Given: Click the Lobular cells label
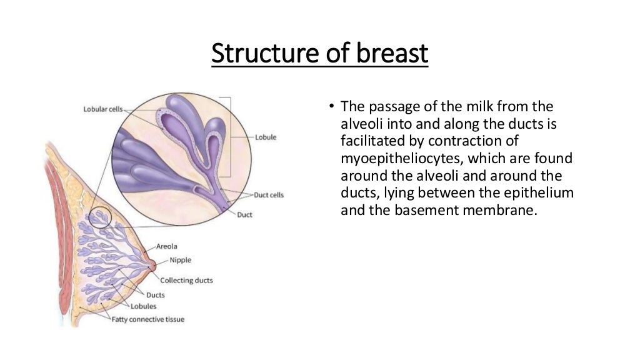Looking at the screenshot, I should pyautogui.click(x=103, y=109).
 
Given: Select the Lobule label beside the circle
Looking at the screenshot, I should pyautogui.click(x=266, y=137).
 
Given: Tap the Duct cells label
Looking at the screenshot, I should pyautogui.click(x=269, y=195).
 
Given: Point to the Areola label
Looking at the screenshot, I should pyautogui.click(x=166, y=247).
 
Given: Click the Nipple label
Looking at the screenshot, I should pyautogui.click(x=180, y=260).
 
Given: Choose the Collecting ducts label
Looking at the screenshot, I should pyautogui.click(x=186, y=281).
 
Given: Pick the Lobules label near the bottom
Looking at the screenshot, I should pyautogui.click(x=143, y=306).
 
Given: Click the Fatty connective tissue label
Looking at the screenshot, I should pyautogui.click(x=147, y=319).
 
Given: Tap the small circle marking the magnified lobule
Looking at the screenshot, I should pyautogui.click(x=99, y=217).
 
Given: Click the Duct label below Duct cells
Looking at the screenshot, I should pyautogui.click(x=245, y=215).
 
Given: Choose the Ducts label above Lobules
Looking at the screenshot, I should pyautogui.click(x=155, y=294).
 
